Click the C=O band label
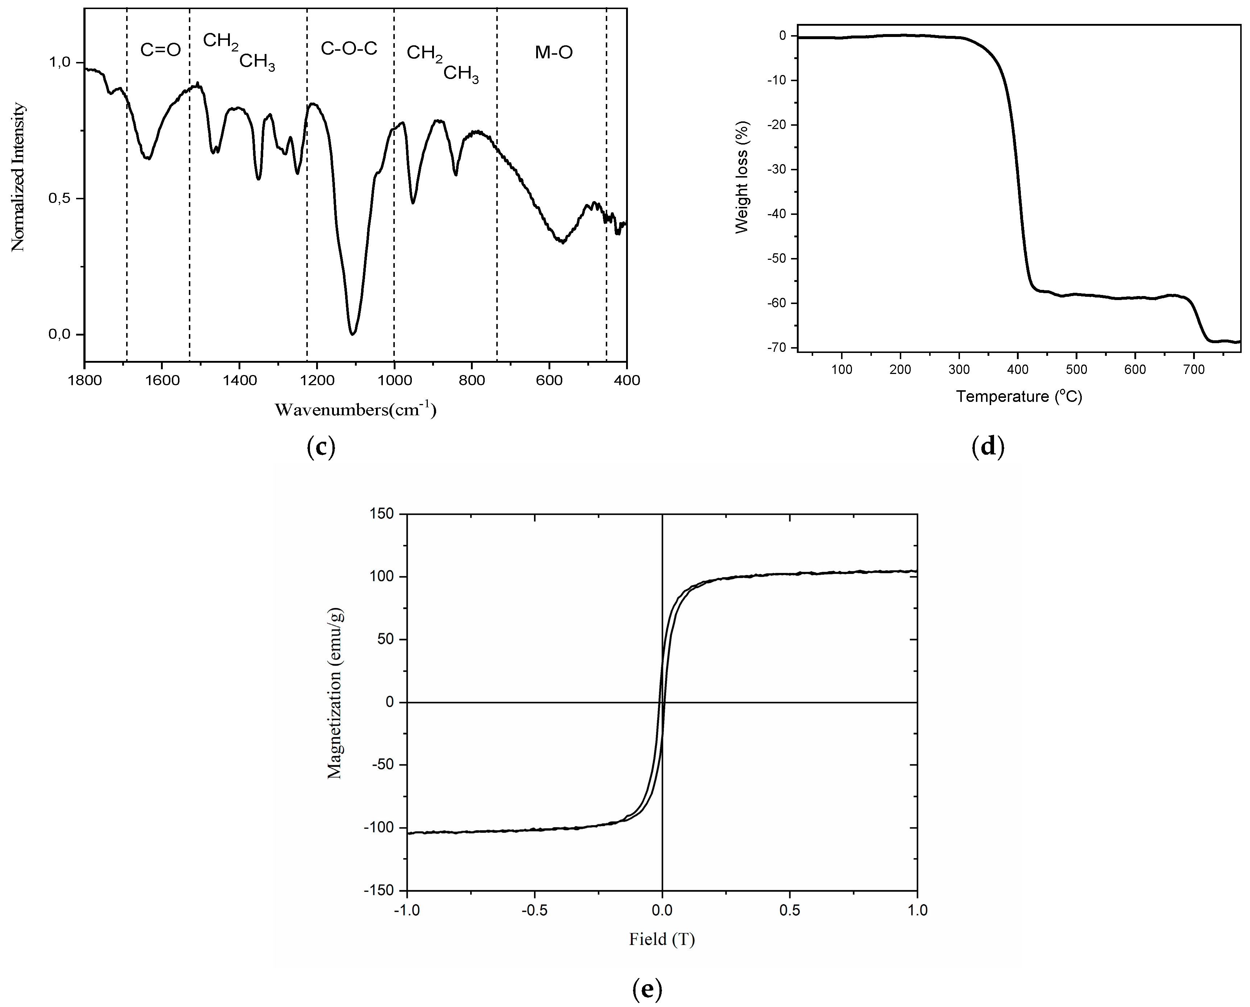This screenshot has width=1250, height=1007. click(160, 50)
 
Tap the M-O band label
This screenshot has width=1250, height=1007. click(554, 53)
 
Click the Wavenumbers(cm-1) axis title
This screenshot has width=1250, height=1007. click(355, 410)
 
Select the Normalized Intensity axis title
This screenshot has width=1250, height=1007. click(18, 177)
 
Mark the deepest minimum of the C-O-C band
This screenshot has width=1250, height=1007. click(352, 333)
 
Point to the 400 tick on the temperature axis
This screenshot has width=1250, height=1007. click(1018, 370)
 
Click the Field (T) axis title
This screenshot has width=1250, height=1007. click(662, 939)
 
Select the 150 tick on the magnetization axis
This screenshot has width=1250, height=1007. click(381, 514)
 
